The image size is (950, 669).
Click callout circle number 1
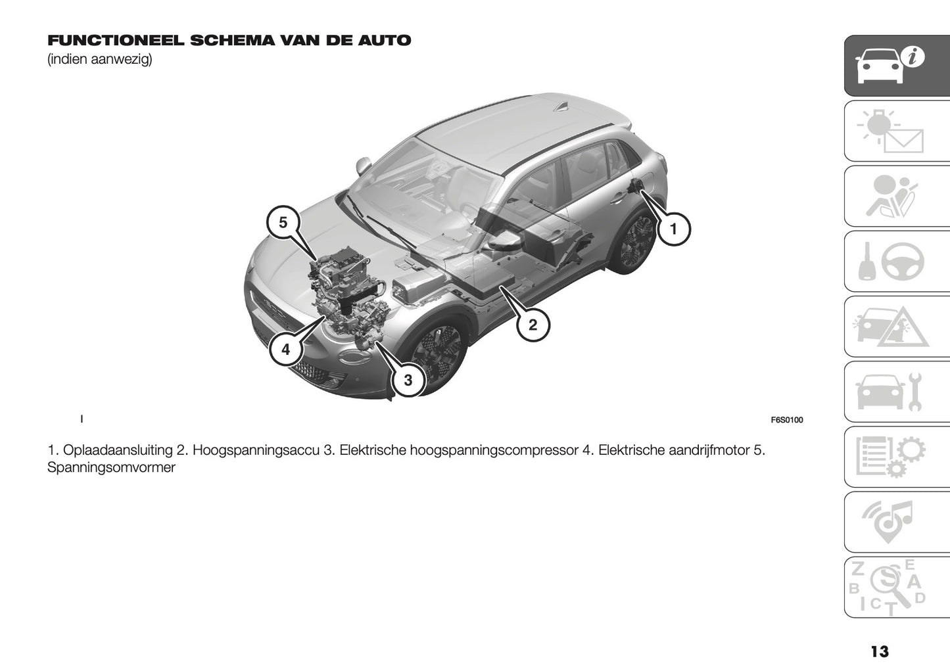click(x=673, y=229)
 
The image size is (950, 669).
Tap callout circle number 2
click(x=533, y=324)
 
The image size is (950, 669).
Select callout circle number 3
click(x=408, y=380)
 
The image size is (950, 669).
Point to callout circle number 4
click(x=285, y=350)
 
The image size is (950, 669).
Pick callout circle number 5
click(x=283, y=222)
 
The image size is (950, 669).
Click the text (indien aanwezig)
click(x=99, y=60)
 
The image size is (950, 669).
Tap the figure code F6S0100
click(x=786, y=420)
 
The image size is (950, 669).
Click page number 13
click(x=879, y=651)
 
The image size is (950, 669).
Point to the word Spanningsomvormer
click(x=111, y=468)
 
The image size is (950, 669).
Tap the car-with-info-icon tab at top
click(x=897, y=65)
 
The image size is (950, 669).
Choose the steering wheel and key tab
click(x=897, y=261)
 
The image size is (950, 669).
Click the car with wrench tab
click(x=897, y=392)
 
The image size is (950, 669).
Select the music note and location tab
click(x=897, y=522)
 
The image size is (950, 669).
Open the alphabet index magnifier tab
click(x=897, y=587)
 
